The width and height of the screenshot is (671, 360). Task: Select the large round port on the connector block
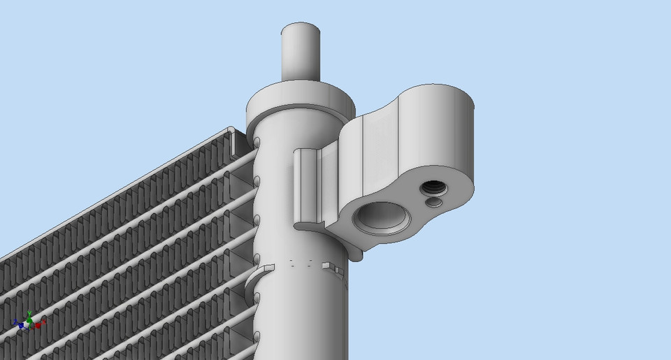point(382,217)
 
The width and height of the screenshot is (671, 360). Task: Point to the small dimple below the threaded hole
point(434,203)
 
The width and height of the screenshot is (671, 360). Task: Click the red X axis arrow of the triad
point(41,324)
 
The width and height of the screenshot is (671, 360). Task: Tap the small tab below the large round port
point(356,256)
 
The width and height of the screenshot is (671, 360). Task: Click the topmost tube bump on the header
point(257,143)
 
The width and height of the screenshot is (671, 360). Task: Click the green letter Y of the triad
point(29,312)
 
